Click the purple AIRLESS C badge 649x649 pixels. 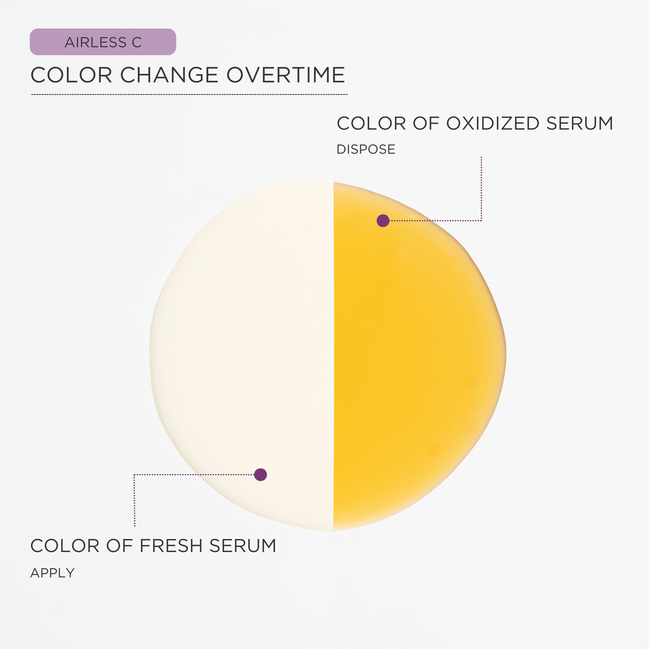pyautogui.click(x=103, y=42)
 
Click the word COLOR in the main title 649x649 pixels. pyautogui.click(x=71, y=75)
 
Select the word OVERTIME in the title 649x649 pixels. pyautogui.click(x=286, y=75)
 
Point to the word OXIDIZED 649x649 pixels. pyautogui.click(x=492, y=123)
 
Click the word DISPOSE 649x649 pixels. pyautogui.click(x=366, y=149)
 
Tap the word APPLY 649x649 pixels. pyautogui.click(x=52, y=573)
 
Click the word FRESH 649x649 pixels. pyautogui.click(x=170, y=546)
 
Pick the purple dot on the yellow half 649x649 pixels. pyautogui.click(x=383, y=221)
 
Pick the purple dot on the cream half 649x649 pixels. pyautogui.click(x=260, y=475)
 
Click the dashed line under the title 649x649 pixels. pyautogui.click(x=189, y=95)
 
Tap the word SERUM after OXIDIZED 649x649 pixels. pyautogui.click(x=580, y=123)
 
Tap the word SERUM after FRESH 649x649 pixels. pyautogui.click(x=243, y=546)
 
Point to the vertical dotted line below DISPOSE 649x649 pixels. pyautogui.click(x=481, y=189)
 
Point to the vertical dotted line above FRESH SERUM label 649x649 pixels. pyautogui.click(x=134, y=501)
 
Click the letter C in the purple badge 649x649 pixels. pyautogui.click(x=136, y=42)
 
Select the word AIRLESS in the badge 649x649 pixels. pyautogui.click(x=95, y=42)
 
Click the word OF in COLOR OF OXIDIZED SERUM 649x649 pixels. pyautogui.click(x=426, y=123)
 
